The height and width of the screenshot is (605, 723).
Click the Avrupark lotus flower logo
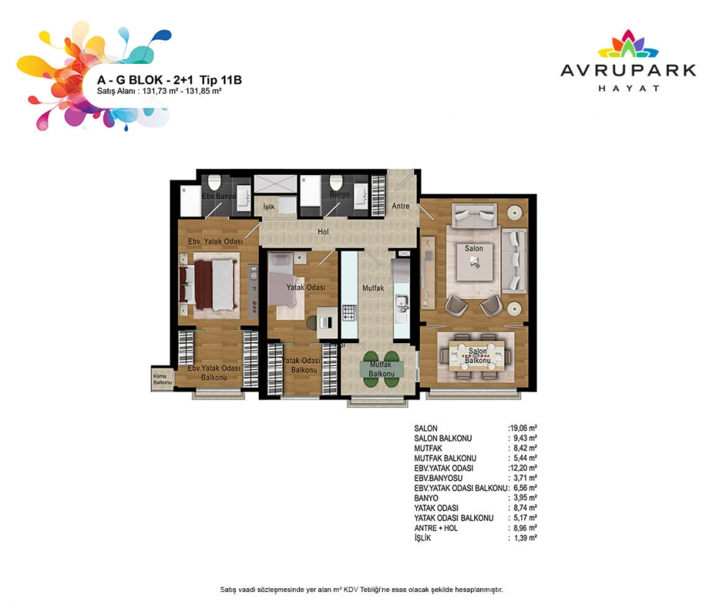tap(628, 44)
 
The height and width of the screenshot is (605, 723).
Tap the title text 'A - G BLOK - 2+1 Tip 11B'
tap(169, 80)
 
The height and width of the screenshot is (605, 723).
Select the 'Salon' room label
tap(473, 248)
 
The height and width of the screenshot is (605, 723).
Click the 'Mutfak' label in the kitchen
tap(373, 288)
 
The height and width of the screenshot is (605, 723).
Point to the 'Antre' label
tap(400, 206)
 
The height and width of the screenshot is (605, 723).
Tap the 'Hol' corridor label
tap(323, 231)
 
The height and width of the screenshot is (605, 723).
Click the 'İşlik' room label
tap(269, 206)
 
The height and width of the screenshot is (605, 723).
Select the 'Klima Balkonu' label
tap(162, 379)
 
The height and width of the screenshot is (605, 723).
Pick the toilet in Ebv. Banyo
tap(215, 183)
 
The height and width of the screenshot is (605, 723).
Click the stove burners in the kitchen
tap(349, 313)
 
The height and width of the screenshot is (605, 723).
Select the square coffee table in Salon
tap(474, 262)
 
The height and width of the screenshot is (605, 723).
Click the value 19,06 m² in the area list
tap(523, 428)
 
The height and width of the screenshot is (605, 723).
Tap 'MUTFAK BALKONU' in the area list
tap(445, 458)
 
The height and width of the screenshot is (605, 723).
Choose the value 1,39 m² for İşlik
tap(525, 538)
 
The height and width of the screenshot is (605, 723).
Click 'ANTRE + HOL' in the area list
tap(436, 528)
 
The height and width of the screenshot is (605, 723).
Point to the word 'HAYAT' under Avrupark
tap(629, 88)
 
